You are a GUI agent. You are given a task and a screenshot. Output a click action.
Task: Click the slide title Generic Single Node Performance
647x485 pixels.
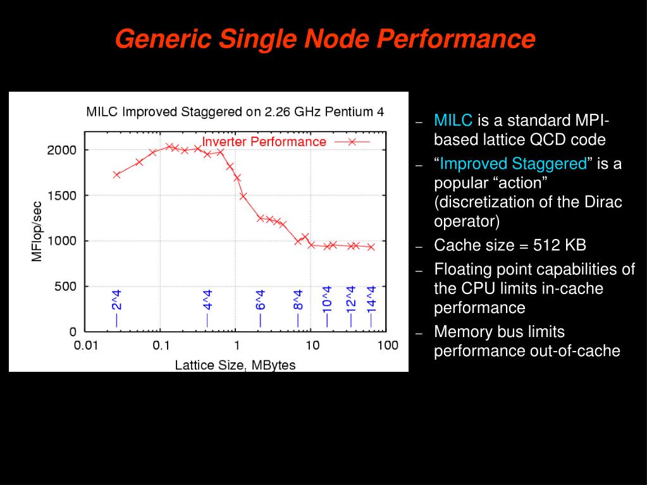tap(325, 39)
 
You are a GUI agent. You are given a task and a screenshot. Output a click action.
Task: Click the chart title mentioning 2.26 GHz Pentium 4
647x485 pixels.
tap(235, 113)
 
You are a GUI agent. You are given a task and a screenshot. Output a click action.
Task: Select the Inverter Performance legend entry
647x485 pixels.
tap(264, 142)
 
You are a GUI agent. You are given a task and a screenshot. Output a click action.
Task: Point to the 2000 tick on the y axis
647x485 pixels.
tap(61, 150)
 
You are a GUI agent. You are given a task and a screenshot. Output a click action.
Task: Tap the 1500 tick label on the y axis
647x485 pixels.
tap(61, 196)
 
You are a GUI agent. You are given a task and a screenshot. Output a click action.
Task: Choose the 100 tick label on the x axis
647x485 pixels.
tap(387, 345)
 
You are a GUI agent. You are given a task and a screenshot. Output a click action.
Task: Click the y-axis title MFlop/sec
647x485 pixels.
tap(37, 231)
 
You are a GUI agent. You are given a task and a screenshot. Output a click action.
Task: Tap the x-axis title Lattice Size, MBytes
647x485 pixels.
tap(235, 365)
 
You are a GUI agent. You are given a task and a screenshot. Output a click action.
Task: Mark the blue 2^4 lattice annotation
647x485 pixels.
tap(116, 308)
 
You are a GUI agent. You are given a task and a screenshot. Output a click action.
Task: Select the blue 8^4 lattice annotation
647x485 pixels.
tap(298, 308)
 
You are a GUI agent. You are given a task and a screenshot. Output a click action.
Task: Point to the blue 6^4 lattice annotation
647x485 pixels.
tap(261, 308)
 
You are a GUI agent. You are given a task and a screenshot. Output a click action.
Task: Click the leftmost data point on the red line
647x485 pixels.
tap(116, 175)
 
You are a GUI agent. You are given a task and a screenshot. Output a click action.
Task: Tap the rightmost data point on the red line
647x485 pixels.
tap(371, 247)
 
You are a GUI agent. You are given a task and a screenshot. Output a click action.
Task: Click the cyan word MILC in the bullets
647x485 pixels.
tap(453, 121)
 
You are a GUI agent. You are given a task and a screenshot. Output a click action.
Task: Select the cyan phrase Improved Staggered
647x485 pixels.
tap(513, 164)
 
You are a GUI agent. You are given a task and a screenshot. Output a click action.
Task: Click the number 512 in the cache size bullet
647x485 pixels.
tap(547, 245)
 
